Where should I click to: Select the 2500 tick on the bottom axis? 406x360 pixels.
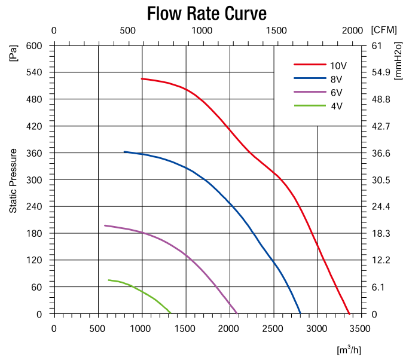273,328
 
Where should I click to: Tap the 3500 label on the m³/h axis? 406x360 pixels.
361,328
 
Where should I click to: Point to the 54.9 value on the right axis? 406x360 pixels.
381,72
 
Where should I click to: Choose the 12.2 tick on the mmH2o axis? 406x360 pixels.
381,260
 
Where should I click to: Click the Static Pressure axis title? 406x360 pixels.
13,181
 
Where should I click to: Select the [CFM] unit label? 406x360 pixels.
383,30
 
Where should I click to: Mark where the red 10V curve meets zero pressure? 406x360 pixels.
349,313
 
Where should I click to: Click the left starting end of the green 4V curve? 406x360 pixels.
109,280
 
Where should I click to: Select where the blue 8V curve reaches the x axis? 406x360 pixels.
301,313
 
